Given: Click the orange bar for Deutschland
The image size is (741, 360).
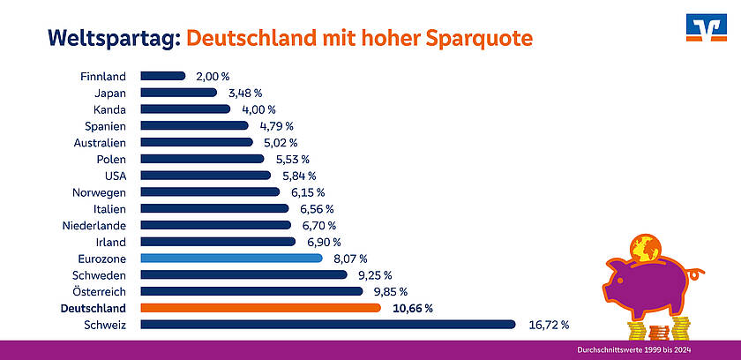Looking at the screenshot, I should tap(261, 308).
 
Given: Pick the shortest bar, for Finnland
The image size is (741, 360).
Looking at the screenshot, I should tap(163, 76).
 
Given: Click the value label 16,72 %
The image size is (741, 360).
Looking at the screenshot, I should tap(548, 325).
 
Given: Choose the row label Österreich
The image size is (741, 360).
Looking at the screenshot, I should tap(98, 291).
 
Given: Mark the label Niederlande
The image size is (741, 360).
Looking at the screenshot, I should tap(93, 225).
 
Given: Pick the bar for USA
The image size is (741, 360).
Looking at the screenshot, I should tap(206, 176).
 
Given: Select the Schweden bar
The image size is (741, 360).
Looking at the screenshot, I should tap(244, 274).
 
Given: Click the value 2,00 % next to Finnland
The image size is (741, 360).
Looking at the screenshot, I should tap(213, 76).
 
